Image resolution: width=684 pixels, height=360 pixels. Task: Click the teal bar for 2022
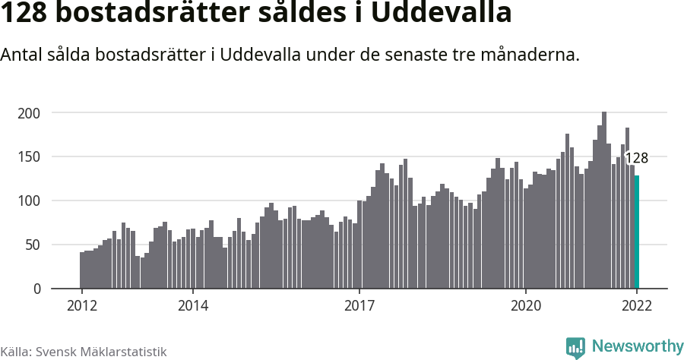click(637, 232)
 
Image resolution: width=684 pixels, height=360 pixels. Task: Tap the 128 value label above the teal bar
click(636, 159)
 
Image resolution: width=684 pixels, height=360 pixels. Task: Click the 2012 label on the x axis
click(82, 306)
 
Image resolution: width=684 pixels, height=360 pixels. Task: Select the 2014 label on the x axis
click(193, 306)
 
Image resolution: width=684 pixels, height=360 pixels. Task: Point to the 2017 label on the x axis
click(359, 306)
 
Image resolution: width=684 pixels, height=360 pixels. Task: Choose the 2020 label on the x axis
click(526, 306)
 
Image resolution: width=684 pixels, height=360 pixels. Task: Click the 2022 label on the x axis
click(637, 306)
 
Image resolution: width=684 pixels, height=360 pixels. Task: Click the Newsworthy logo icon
click(575, 347)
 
